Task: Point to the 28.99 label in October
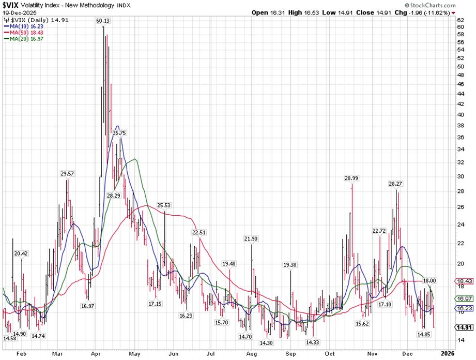click(351, 178)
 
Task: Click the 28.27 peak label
click(396, 184)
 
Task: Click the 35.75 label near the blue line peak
click(120, 133)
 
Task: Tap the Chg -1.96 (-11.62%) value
click(433, 12)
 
